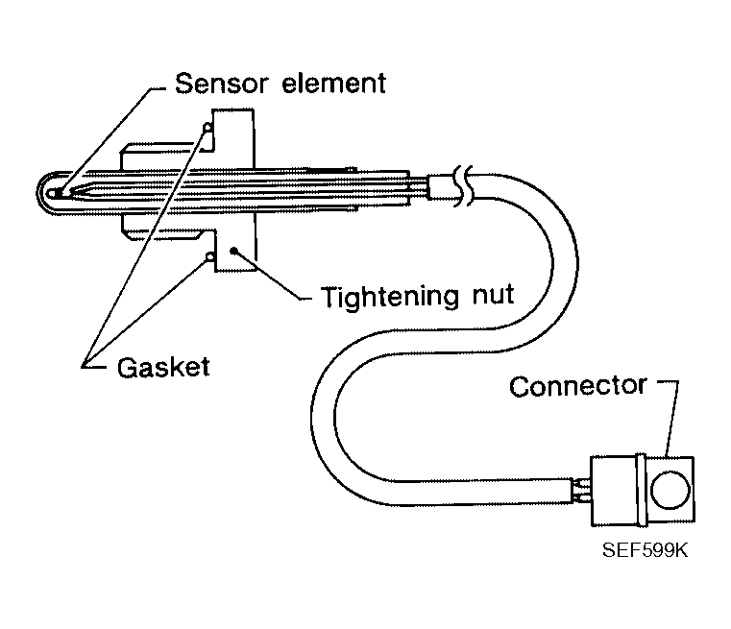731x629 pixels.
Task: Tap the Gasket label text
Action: point(162,367)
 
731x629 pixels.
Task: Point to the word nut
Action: point(487,295)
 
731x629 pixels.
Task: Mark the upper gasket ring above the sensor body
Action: point(206,128)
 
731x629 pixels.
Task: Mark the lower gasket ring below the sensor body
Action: point(207,257)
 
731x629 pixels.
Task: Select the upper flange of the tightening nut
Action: point(231,134)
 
